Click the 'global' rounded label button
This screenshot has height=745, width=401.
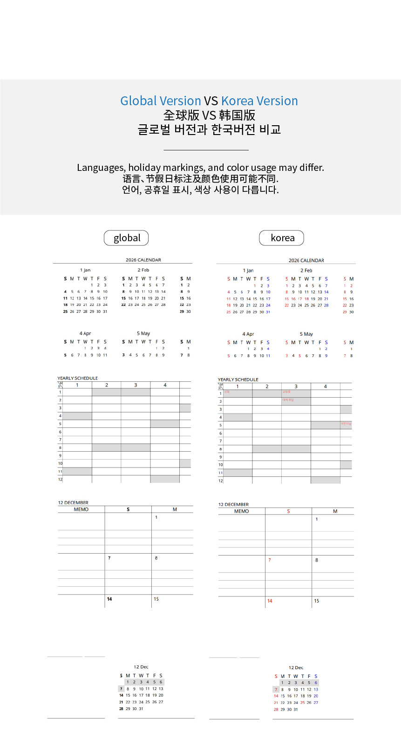tap(126, 238)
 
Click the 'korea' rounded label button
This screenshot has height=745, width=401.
tap(282, 238)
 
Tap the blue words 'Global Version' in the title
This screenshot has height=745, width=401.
tap(161, 101)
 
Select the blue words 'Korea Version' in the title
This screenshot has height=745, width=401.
tap(259, 101)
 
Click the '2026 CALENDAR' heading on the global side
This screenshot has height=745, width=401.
tap(143, 260)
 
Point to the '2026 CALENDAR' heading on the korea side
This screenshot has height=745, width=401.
tap(306, 260)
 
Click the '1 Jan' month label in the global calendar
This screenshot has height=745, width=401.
tap(85, 270)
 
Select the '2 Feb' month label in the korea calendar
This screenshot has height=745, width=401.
tap(306, 271)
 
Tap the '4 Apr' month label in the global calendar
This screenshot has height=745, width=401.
tap(85, 333)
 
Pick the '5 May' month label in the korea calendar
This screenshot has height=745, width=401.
tap(306, 334)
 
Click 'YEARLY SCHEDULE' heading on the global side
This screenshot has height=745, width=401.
tap(78, 378)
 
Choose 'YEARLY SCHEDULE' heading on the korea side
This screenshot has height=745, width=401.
tap(238, 379)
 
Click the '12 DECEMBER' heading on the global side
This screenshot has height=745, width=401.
tap(73, 503)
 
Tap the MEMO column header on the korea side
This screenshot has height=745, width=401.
tap(241, 511)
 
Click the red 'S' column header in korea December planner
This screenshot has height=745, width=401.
tap(288, 511)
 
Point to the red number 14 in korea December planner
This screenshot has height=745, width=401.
tap(270, 601)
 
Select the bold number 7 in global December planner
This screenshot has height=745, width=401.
tap(109, 558)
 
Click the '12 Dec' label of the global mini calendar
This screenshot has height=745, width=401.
tap(141, 667)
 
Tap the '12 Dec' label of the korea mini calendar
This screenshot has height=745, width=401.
tap(296, 668)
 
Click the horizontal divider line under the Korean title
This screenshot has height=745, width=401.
tap(206, 150)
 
